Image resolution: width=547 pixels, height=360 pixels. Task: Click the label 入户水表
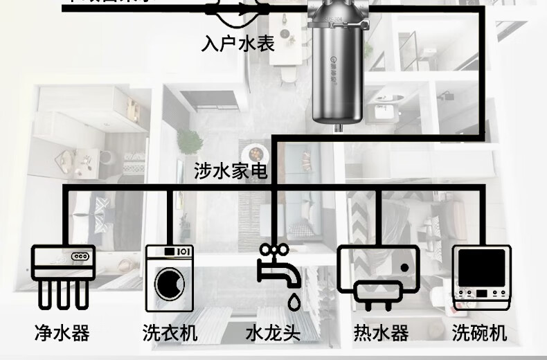point(237,44)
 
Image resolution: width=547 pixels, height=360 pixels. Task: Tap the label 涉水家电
point(231,172)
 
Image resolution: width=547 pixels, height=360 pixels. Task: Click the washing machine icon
point(169,278)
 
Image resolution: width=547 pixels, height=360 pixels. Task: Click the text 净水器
point(62,333)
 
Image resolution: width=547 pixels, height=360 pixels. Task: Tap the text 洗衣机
point(170,333)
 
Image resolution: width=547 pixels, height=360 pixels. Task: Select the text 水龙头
point(273,333)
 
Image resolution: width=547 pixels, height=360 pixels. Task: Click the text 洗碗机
point(480,333)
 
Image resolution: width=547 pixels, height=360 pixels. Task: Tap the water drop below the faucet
point(294,301)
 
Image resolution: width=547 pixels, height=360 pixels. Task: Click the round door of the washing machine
point(169,285)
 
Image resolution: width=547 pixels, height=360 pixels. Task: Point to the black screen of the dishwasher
point(480,269)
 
